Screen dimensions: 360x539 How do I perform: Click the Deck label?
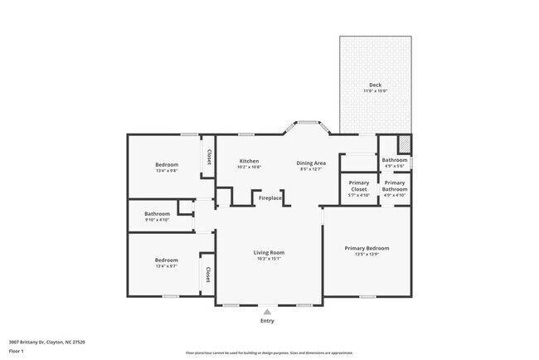coord(375,85)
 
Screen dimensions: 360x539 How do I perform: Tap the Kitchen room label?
coord(249,161)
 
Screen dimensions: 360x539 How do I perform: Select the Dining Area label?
coord(311,163)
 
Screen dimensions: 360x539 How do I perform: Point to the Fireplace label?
coord(270,198)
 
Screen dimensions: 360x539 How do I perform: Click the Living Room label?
coord(269,252)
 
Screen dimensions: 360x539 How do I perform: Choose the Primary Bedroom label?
coord(367,248)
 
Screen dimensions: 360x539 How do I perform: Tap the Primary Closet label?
coord(359,186)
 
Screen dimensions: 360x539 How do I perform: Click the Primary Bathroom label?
coord(395,186)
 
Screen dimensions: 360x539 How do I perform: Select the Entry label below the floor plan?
coord(267,321)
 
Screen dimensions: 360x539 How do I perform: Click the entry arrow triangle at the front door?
coord(267,312)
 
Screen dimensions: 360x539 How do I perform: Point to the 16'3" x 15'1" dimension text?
coord(269,259)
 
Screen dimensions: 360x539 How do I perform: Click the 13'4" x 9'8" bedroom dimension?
coord(167,171)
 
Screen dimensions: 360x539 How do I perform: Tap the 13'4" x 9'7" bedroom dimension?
coord(167,267)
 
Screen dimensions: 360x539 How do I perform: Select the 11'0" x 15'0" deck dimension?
coord(375,91)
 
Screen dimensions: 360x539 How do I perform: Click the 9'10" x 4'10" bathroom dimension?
coord(157,220)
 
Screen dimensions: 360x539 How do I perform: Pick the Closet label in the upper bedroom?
coord(209,156)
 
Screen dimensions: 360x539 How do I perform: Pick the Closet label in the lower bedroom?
coord(208,275)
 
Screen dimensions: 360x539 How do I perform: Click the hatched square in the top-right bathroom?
coord(404,143)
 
